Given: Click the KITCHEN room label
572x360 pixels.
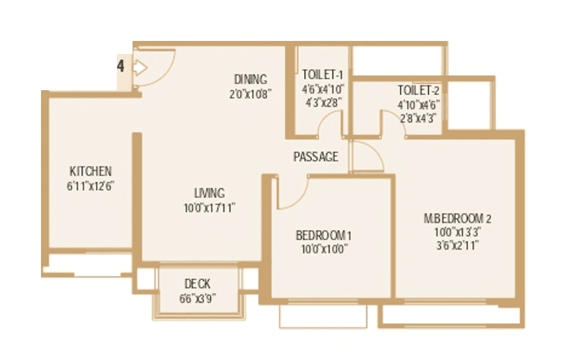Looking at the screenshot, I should pyautogui.click(x=90, y=171).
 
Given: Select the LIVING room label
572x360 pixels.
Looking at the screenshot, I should pyautogui.click(x=208, y=193).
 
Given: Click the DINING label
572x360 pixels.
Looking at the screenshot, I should pyautogui.click(x=250, y=79).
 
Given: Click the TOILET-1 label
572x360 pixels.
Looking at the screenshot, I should pyautogui.click(x=322, y=75).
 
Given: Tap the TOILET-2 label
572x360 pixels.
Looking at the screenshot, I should pyautogui.click(x=417, y=90).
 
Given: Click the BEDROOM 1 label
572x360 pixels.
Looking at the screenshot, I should pyautogui.click(x=323, y=236).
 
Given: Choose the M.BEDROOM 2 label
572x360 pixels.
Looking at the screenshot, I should pyautogui.click(x=458, y=219).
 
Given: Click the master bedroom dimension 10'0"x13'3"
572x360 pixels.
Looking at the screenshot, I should pyautogui.click(x=458, y=232).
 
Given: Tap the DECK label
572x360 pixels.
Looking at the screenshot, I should pyautogui.click(x=198, y=283).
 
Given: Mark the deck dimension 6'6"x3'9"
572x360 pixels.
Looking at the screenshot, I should pyautogui.click(x=198, y=298).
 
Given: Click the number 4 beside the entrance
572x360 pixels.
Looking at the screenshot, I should pyautogui.click(x=120, y=66).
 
